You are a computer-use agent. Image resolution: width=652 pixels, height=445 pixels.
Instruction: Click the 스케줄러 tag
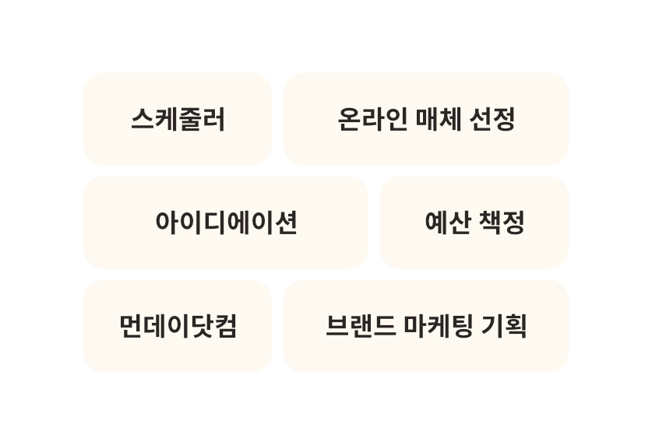coord(178,119)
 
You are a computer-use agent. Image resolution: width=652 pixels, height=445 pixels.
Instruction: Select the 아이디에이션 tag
coord(226,223)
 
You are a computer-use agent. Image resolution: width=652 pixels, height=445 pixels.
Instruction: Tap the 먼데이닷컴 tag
coord(178,326)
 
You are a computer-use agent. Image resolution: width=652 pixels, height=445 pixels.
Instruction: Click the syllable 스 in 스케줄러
coord(143,119)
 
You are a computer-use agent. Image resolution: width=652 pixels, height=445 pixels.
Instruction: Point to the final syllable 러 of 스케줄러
coord(213,119)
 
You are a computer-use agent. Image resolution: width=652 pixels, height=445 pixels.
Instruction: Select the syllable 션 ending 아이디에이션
coord(285,223)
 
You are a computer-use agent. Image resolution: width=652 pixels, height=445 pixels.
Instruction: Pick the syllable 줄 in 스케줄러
coord(190,119)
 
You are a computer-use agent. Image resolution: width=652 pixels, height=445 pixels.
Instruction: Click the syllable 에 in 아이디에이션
coord(238,223)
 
